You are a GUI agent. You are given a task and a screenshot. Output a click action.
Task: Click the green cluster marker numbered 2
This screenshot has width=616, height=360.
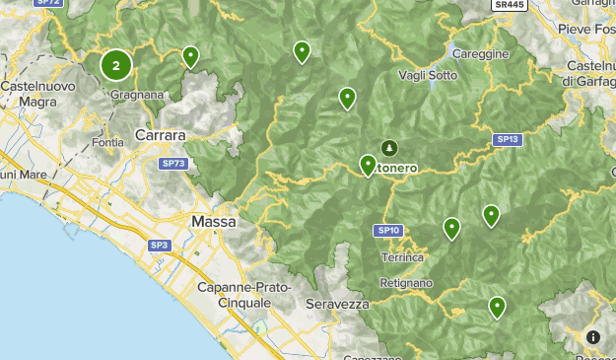116,66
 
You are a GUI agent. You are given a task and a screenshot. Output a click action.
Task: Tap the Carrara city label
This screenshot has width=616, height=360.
160,135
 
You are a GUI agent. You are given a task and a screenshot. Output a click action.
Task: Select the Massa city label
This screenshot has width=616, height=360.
214,222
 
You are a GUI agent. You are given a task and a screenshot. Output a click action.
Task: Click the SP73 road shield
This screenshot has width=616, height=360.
173,163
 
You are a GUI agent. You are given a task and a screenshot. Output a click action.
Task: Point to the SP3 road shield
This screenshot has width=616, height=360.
160,245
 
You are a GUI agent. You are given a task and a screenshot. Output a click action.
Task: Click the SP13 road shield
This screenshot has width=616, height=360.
508,140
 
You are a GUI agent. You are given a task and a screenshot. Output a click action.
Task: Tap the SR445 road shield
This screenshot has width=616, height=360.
508,5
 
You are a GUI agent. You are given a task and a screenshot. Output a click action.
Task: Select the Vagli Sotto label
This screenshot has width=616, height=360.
428,75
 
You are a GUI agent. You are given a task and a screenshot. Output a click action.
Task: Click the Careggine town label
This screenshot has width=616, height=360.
480,53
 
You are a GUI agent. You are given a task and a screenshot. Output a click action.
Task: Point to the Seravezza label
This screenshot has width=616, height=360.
337,304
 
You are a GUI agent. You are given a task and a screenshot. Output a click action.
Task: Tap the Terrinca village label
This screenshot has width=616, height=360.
401,257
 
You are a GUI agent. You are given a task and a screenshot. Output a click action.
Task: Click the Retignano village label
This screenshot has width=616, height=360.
406,283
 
